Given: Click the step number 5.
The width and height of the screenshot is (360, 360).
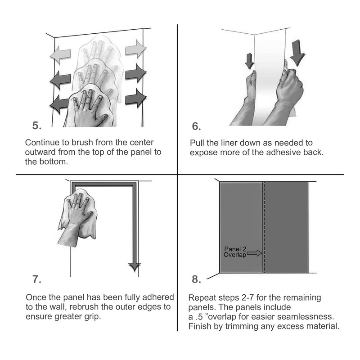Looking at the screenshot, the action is (37, 126).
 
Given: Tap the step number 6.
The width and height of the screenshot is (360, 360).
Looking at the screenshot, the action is (196, 126).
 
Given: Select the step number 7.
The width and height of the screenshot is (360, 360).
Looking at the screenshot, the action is (37, 279).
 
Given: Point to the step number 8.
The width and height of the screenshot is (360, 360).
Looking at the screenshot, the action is (196, 279).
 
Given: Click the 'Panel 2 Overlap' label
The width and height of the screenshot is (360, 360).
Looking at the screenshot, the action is (235, 252).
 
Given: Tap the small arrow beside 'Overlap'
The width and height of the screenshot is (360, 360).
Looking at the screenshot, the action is (254, 253).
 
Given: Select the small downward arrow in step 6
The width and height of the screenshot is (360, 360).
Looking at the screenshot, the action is (249, 61).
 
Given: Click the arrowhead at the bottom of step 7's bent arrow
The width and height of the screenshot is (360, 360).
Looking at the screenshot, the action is (135, 267).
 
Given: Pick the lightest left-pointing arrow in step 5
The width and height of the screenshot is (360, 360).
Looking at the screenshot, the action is (60, 55).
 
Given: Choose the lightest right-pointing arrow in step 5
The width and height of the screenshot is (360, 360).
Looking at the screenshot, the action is (136, 49).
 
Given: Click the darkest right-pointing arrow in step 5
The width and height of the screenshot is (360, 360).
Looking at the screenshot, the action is (136, 98).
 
